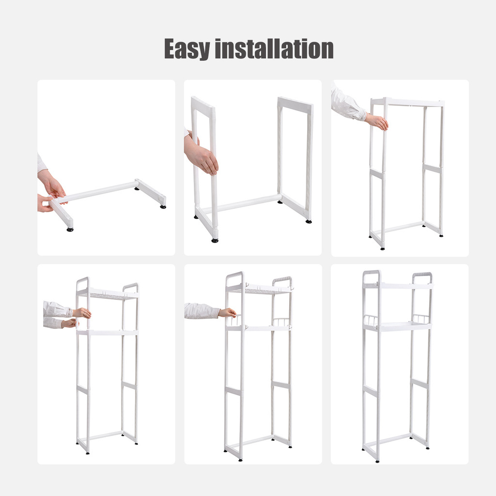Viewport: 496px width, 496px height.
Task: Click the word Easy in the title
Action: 187,49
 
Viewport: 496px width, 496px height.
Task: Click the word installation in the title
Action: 274,49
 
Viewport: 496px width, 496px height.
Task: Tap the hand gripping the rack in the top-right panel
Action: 377,122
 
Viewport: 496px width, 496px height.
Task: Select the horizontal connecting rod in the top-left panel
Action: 97,192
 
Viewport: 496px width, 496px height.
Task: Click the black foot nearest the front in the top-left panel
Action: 70,229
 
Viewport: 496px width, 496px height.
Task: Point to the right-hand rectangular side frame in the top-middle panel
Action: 295,158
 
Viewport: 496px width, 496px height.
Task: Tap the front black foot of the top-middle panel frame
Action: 215,240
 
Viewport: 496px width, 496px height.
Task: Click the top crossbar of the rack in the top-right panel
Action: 407,102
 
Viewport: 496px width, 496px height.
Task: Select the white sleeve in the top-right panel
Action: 347,103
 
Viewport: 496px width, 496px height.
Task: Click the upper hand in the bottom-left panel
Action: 82,313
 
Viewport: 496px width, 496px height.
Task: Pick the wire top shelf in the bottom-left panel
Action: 108,294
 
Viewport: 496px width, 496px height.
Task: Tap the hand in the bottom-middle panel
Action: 227,313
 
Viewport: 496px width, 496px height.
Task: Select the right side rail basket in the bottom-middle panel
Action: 281,322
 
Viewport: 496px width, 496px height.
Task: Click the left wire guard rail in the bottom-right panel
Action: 371,320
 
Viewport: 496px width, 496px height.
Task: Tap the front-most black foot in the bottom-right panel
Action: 377,462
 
